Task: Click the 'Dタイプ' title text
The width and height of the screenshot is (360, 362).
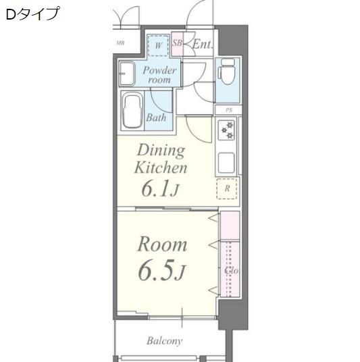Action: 32,14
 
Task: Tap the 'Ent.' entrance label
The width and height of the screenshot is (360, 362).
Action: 203,45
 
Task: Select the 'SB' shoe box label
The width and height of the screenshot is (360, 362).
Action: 177,45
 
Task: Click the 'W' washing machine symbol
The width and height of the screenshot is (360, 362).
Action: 158,45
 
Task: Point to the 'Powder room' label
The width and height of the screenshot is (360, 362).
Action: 159,74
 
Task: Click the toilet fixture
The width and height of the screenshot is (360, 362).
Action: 227,71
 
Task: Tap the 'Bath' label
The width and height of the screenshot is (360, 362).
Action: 156,118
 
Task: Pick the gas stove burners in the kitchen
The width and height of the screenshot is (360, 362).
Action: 226,130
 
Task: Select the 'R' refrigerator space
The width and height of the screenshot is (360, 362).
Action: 227,189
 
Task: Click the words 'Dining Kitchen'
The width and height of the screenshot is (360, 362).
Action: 161,159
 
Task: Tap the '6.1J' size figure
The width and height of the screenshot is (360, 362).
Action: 159,189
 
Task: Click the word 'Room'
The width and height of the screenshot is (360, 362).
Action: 162,244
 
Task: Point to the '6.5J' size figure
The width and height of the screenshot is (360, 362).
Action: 161,271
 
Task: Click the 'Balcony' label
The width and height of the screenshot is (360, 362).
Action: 164,341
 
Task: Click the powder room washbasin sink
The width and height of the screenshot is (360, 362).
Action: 126,74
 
